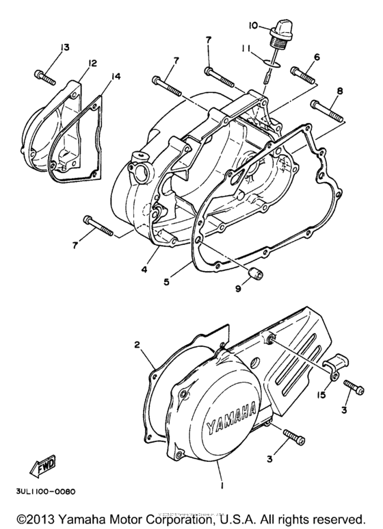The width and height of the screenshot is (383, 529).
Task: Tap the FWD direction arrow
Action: pyautogui.click(x=43, y=469)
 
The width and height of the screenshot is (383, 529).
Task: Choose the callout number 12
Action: pyautogui.click(x=92, y=64)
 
